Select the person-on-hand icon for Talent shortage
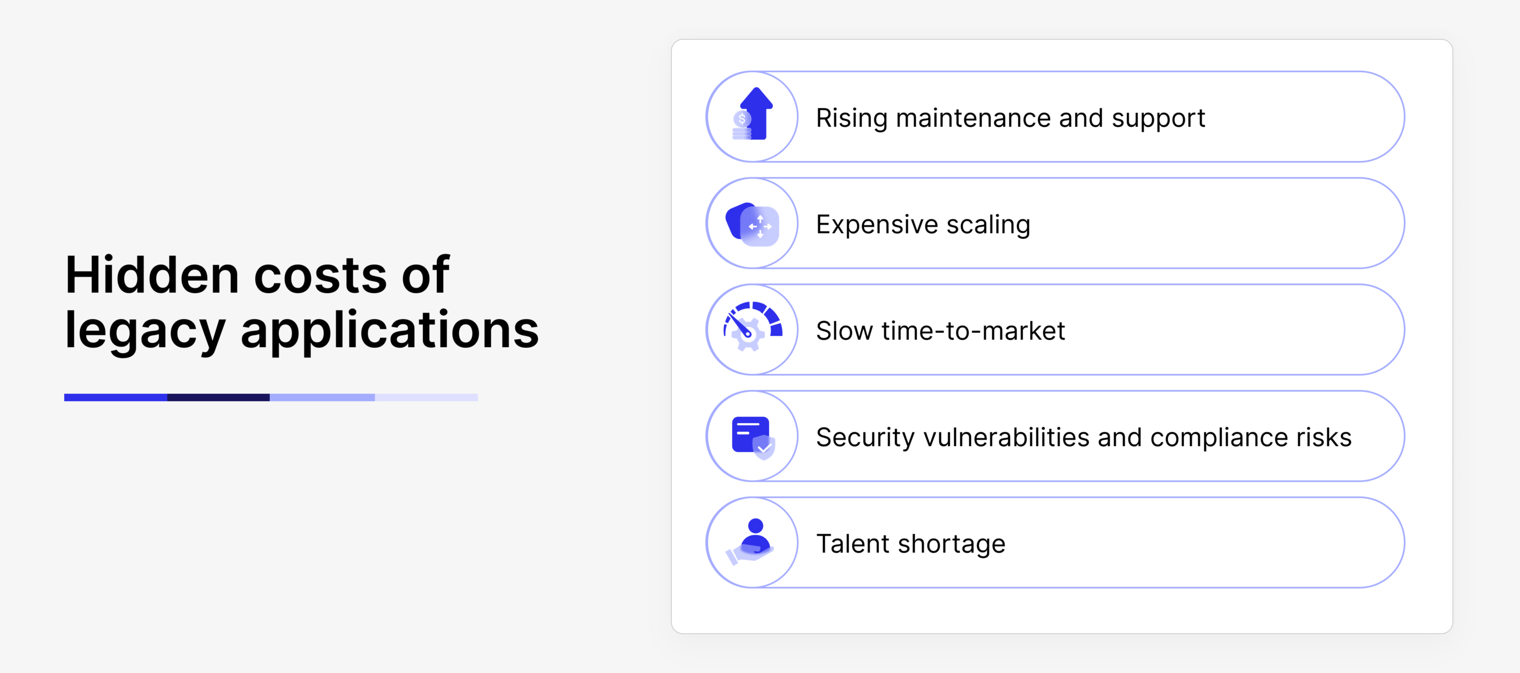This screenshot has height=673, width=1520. click(750, 542)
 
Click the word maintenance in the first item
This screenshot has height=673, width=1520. click(973, 118)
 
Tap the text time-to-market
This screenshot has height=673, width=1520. click(973, 331)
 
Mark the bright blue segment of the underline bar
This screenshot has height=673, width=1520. click(116, 397)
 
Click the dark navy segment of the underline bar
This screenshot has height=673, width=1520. click(218, 397)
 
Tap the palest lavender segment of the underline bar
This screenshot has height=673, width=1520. click(426, 397)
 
